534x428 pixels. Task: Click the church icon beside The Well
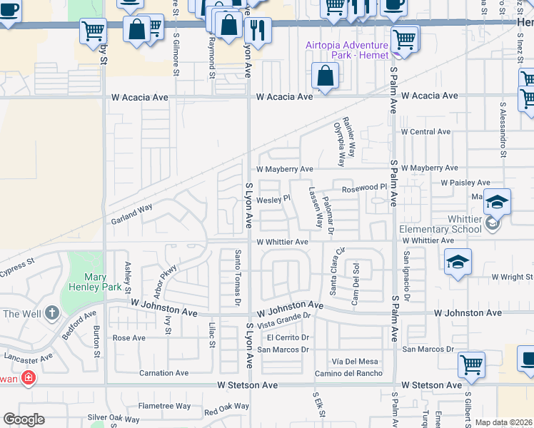pos(51,313)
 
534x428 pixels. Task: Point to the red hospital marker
pos(27,377)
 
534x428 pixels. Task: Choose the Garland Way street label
pos(131,215)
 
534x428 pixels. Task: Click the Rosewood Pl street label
pos(363,188)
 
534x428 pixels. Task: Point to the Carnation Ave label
pos(163,373)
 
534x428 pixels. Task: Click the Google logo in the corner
pos(24,419)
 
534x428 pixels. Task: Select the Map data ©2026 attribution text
pos(504,422)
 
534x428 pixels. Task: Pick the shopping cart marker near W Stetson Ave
pos(471,365)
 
